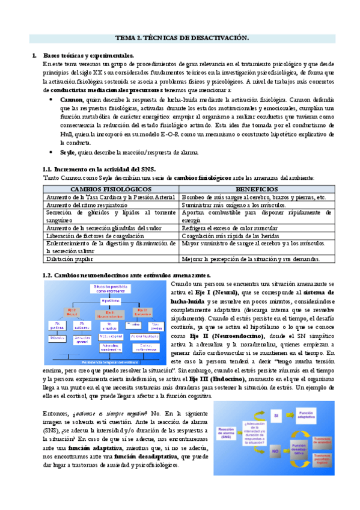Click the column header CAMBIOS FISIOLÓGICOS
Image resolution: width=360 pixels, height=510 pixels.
click(111, 189)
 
